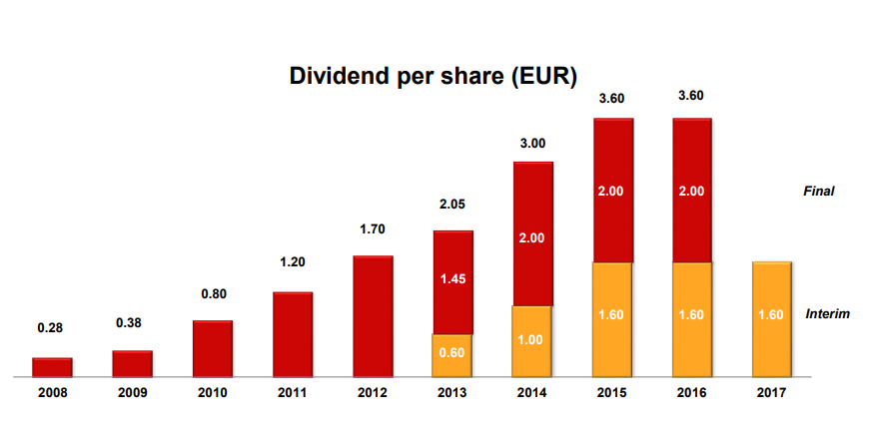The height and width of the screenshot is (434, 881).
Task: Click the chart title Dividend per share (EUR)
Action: pyautogui.click(x=433, y=77)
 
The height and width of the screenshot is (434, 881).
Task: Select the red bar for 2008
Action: pyautogui.click(x=52, y=367)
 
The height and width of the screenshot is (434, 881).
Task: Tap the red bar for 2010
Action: pyautogui.click(x=212, y=348)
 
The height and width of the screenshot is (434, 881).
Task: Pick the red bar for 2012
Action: pyautogui.click(x=373, y=316)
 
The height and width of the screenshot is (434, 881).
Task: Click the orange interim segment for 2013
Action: pyautogui.click(x=451, y=355)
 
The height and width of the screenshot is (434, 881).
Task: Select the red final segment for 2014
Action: pyautogui.click(x=532, y=233)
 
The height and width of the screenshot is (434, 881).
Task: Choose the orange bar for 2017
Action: pyautogui.click(x=771, y=319)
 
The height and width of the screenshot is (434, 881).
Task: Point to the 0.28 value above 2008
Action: pyautogui.click(x=52, y=328)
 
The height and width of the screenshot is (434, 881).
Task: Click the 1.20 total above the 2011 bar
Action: pyautogui.click(x=292, y=262)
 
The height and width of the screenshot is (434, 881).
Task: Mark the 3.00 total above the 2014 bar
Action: pyautogui.click(x=532, y=143)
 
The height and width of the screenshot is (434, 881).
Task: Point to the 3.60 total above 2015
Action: pyautogui.click(x=611, y=97)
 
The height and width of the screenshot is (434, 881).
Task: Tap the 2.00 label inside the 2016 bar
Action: pyautogui.click(x=691, y=191)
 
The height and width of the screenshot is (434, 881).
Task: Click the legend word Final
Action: pyautogui.click(x=818, y=191)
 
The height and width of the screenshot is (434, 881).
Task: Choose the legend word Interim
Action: pyautogui.click(x=827, y=313)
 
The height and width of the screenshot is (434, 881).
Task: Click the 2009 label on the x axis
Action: pyautogui.click(x=132, y=393)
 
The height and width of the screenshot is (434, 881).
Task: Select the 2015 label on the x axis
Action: pyautogui.click(x=611, y=393)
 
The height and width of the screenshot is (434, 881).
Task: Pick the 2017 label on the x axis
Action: pyautogui.click(x=771, y=393)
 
